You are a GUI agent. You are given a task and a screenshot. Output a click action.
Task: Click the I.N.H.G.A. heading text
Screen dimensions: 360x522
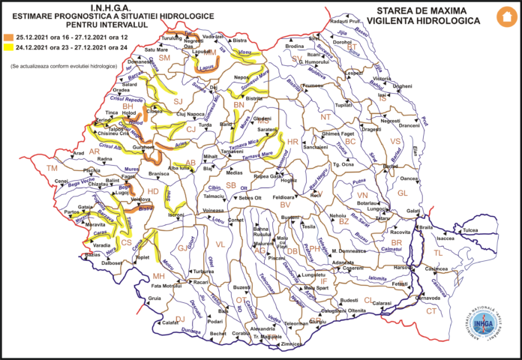[110, 7]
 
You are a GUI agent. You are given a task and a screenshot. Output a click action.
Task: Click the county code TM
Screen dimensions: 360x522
[51, 169]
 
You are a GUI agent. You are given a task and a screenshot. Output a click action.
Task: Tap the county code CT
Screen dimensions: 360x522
[431, 310]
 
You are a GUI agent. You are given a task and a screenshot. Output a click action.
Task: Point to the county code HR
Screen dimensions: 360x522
[293, 142]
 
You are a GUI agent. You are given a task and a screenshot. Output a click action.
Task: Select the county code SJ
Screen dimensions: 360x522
[178, 100]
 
